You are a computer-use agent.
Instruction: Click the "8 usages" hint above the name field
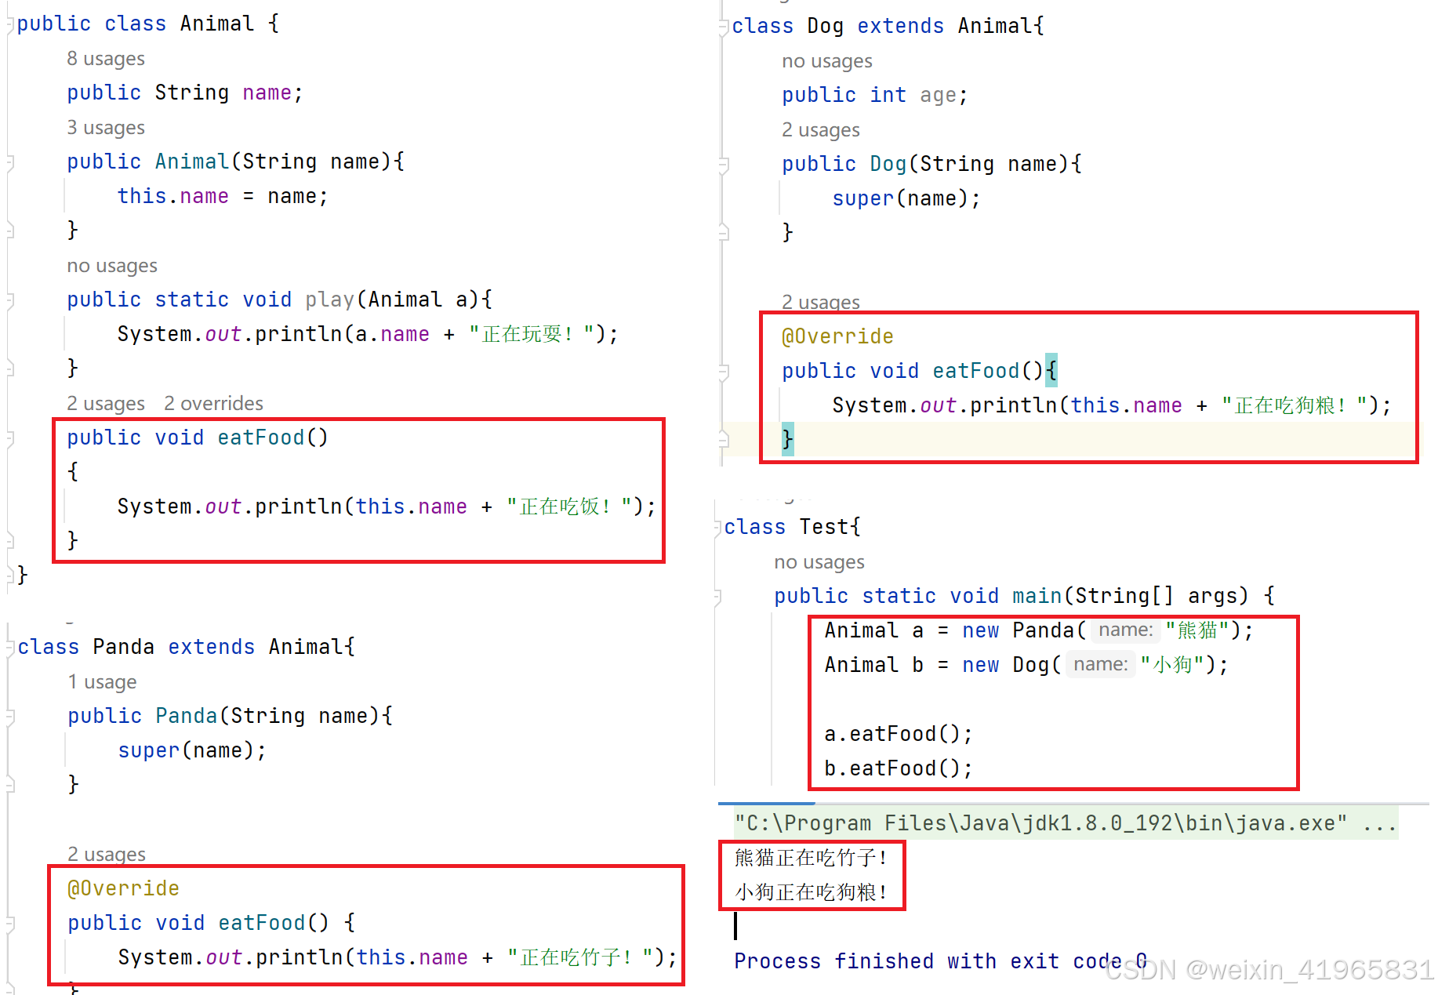coord(106,59)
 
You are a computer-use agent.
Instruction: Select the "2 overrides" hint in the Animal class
coord(213,404)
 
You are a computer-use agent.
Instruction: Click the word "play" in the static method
coord(329,300)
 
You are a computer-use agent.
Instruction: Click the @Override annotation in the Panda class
coord(123,888)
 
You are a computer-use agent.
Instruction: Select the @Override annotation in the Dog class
coord(837,336)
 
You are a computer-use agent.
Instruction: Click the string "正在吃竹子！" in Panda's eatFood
coord(576,957)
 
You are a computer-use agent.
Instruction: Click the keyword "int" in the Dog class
coord(888,95)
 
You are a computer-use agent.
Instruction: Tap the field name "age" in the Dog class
coord(938,95)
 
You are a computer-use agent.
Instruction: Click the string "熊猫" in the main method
coord(1197,630)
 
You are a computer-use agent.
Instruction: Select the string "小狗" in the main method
coord(1171,665)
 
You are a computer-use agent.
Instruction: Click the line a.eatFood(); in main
coord(898,734)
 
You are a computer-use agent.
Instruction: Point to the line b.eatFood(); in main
coord(898,768)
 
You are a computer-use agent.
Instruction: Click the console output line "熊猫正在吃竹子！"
coord(811,858)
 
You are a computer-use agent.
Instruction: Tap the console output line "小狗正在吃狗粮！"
coord(811,892)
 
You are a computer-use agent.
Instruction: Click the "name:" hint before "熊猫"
coord(1125,630)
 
